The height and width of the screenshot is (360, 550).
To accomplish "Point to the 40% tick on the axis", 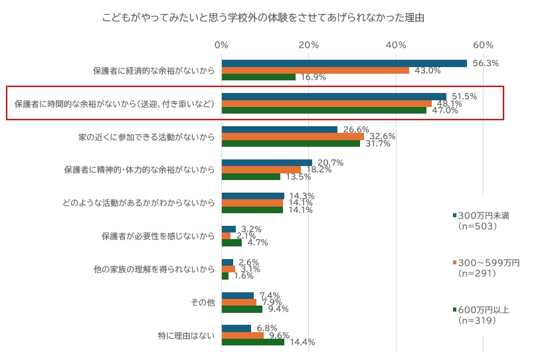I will click(x=396, y=45).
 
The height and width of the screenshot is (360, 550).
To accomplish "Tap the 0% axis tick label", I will click(x=221, y=45).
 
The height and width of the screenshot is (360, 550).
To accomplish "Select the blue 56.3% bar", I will click(x=344, y=63).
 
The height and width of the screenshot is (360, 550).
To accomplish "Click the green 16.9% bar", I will click(x=258, y=77).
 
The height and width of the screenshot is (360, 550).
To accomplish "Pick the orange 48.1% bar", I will click(x=326, y=103).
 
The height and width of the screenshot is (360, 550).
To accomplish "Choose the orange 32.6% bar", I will click(x=292, y=136).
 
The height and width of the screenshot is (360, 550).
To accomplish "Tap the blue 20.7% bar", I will click(x=266, y=163).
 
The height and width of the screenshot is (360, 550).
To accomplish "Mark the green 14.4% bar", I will click(x=252, y=342).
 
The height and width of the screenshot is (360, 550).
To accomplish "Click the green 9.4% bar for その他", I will click(x=242, y=309).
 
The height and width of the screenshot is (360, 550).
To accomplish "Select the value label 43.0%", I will click(x=428, y=70).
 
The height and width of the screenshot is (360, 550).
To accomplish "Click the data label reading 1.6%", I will click(x=244, y=276).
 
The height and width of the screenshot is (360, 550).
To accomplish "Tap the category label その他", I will click(x=203, y=302).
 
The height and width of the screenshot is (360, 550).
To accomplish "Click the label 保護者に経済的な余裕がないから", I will click(x=153, y=70).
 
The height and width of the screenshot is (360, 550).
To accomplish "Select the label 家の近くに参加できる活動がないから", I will click(x=146, y=136).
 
